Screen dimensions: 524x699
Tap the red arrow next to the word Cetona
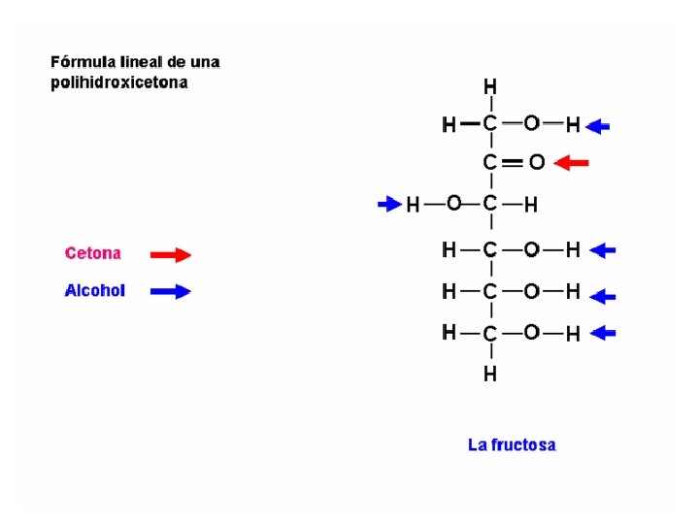coord(171,254)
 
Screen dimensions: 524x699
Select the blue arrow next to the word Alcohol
coord(171,290)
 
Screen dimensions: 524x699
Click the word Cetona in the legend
coord(93,254)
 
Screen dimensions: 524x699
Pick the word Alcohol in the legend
coord(95,290)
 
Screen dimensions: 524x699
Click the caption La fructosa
coord(512,445)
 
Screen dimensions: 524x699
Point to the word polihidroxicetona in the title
coord(119,83)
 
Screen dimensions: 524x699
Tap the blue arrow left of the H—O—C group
coord(388,204)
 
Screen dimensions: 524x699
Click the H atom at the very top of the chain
coord(491,85)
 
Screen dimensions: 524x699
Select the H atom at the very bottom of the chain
coord(491,373)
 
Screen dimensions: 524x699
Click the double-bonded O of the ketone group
coord(536,162)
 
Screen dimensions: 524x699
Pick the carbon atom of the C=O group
coord(491,162)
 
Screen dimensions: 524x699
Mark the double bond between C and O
coord(514,162)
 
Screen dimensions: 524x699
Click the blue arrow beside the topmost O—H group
coord(600,125)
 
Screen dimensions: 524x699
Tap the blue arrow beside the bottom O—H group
coord(603,333)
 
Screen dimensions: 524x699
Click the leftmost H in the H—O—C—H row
coord(414,205)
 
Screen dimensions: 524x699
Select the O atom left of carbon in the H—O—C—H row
coord(453,204)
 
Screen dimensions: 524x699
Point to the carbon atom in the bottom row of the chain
coord(491,334)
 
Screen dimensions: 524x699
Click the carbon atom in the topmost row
coord(491,124)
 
